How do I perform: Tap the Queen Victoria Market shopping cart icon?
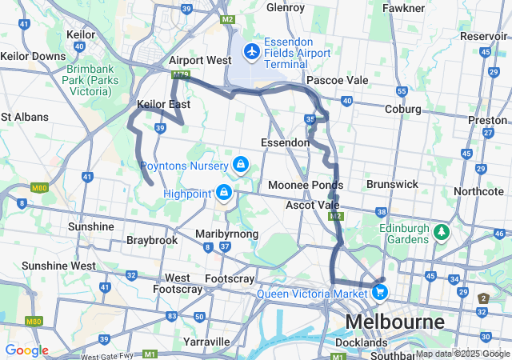tap(381, 293)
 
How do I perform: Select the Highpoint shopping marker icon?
tap(225, 193)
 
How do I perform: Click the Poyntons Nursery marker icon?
tap(240, 165)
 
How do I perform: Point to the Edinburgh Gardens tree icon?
tap(441, 232)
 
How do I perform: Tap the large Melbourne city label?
tap(394, 322)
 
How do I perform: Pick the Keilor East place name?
tap(163, 104)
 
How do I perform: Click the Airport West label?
tap(200, 60)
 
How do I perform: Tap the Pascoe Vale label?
tap(337, 80)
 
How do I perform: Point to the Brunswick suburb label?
tap(392, 184)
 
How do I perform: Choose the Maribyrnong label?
tap(226, 234)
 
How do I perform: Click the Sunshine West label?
tap(58, 265)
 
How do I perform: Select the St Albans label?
tap(24, 117)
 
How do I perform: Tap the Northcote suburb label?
tap(478, 191)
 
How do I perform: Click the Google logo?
tap(26, 350)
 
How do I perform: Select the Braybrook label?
tap(152, 240)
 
